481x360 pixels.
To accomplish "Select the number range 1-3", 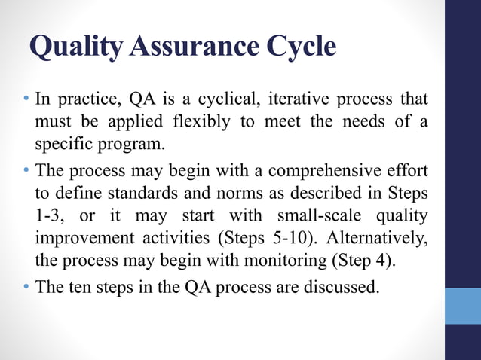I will point(51,216).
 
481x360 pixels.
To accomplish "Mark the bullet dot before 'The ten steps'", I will point(26,287).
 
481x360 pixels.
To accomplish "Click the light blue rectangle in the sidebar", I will point(462,306).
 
